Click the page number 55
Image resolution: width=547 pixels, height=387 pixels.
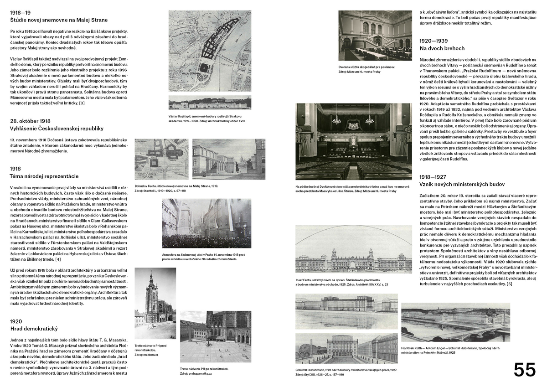point(525,369)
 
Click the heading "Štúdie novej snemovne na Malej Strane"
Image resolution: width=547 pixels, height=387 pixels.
point(59,20)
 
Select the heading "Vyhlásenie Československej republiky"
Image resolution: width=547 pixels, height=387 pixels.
point(57,129)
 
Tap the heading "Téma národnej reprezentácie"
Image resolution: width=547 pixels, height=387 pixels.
point(44,176)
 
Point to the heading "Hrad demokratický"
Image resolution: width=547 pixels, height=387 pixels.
point(34,329)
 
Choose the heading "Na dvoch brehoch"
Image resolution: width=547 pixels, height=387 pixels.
point(442,48)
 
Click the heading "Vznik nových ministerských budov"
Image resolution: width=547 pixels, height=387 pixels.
point(462,184)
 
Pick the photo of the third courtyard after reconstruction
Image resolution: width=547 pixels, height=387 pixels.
point(215,337)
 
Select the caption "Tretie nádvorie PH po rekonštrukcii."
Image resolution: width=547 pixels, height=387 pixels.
point(204,369)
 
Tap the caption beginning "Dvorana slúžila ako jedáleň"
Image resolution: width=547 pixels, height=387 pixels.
point(366,67)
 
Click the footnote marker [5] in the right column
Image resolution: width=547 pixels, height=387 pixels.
point(509,284)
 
